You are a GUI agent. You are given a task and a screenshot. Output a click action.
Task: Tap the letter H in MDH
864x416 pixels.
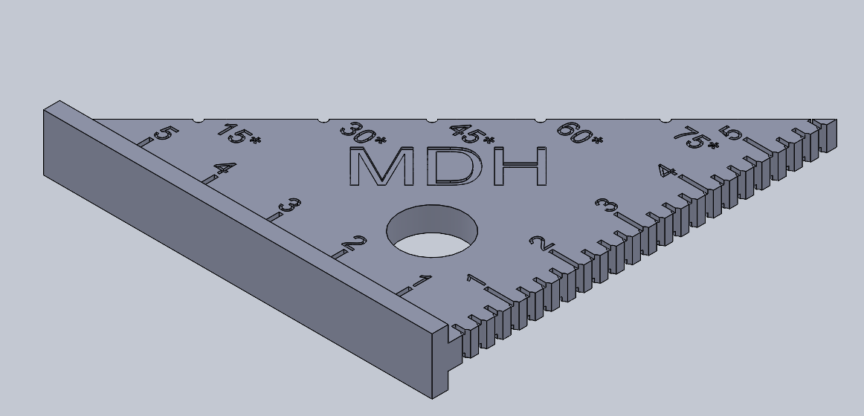click(x=520, y=166)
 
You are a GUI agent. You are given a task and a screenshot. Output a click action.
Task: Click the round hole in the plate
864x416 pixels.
click(x=432, y=230)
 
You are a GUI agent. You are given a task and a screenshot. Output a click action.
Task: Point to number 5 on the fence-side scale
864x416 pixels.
click(x=165, y=134)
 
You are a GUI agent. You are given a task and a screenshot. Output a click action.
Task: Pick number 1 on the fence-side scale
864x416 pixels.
click(x=421, y=281)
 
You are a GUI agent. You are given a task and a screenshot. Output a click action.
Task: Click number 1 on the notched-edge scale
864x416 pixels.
click(x=476, y=281)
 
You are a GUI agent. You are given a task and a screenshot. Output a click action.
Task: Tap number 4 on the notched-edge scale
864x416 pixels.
click(x=667, y=172)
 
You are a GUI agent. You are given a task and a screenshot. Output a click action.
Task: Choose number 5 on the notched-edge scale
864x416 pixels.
click(x=729, y=134)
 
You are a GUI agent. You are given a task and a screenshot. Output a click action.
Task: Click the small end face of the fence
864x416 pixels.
click(x=441, y=361)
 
